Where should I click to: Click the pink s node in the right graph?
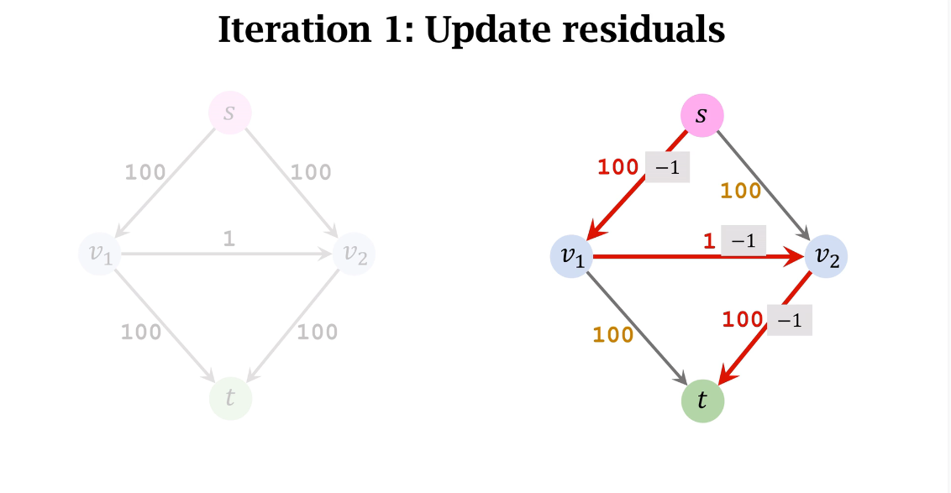[x=701, y=114]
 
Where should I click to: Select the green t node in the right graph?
[x=701, y=401]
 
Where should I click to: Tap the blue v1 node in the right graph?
[x=572, y=257]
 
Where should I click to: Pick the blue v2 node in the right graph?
[x=825, y=257]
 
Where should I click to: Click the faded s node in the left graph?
[x=229, y=113]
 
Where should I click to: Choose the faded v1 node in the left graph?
[x=101, y=253]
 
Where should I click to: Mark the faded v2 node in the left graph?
[x=354, y=253]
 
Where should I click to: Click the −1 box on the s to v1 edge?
[x=667, y=167]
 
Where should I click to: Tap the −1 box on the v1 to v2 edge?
[x=743, y=240]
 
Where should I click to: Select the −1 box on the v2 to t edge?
[x=790, y=321]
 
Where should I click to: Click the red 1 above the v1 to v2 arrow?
[x=709, y=242]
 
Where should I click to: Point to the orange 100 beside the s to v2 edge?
[x=740, y=191]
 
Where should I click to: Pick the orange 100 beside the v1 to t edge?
[x=613, y=335]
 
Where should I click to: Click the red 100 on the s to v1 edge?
[x=618, y=167]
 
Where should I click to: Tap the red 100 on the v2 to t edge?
[x=743, y=320]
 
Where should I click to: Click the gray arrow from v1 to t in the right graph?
[x=638, y=324]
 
